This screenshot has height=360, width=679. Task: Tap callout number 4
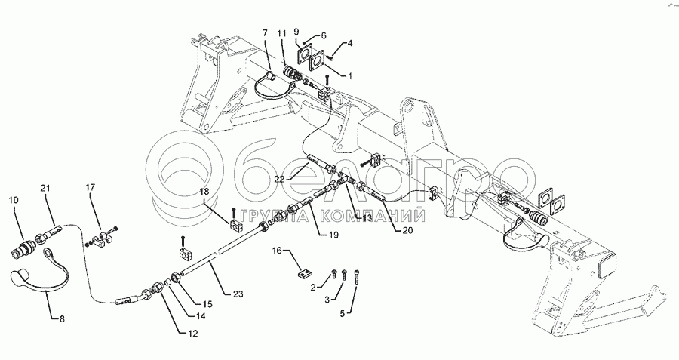(349, 44)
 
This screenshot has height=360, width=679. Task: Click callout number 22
(279, 179)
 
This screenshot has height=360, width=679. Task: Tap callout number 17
(91, 186)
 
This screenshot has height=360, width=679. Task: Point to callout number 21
(45, 187)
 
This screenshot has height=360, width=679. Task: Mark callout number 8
(63, 319)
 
